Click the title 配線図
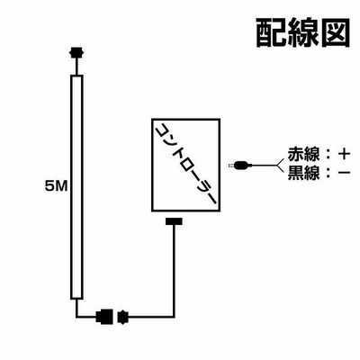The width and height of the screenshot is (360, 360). tap(303, 33)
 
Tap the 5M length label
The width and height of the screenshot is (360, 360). tap(56, 187)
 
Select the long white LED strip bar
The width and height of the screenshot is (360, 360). tap(76, 187)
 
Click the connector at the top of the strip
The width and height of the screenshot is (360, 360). tap(76, 53)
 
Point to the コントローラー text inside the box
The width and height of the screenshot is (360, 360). tap(186, 164)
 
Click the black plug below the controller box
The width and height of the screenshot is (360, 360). tap(174, 221)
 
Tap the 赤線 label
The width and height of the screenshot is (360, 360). tap(303, 154)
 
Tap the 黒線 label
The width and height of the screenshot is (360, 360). tap(303, 173)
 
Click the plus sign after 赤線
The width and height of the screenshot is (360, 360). tap(344, 154)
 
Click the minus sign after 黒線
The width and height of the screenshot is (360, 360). tap(344, 172)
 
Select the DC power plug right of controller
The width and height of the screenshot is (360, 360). tap(240, 165)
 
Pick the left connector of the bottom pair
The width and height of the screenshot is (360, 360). tap(104, 316)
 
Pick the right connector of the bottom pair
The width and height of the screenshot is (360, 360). tap(124, 316)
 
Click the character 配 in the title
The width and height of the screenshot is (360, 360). tap(272, 33)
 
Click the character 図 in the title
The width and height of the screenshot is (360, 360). tap(336, 33)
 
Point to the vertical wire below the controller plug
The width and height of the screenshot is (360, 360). tap(174, 271)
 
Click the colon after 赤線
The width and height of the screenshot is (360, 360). tap(328, 154)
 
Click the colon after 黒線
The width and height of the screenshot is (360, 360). tap(328, 173)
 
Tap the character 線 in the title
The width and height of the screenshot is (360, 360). tap(303, 33)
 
